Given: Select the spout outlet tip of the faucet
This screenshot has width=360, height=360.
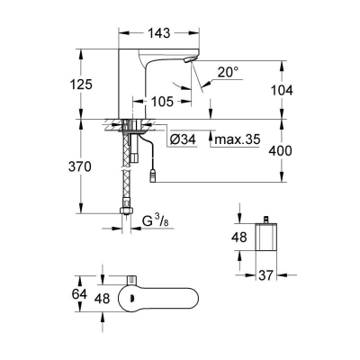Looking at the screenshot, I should tap(189, 60).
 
